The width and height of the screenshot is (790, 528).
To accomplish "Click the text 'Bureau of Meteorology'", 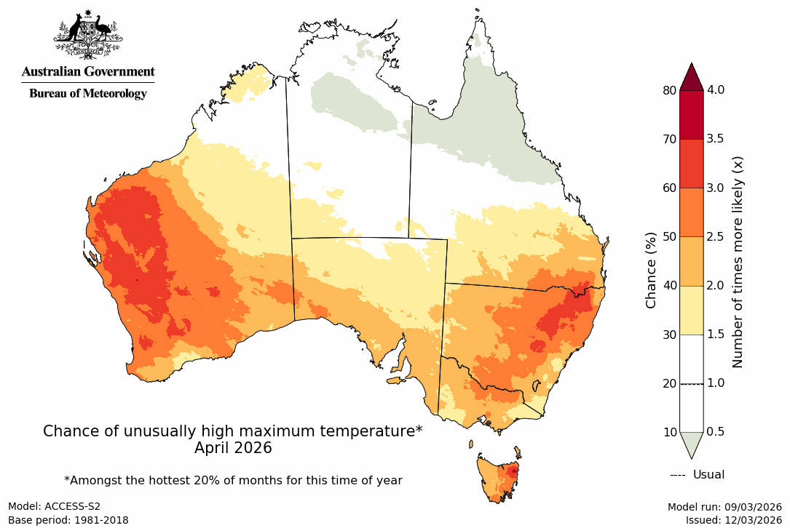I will point(88,94).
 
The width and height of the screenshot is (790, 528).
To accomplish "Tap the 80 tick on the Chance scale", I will point(668,90).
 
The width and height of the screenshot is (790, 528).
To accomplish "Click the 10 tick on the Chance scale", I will point(668,432).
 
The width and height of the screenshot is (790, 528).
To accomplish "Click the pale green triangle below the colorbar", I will point(692,443).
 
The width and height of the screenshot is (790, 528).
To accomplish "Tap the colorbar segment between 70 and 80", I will point(692,115).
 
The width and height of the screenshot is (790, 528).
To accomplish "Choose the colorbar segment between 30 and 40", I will point(692,310).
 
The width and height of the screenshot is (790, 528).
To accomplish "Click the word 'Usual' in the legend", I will point(708,475).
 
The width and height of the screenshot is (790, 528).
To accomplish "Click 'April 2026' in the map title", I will point(233,448).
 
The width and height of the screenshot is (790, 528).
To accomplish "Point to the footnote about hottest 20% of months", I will point(233,480).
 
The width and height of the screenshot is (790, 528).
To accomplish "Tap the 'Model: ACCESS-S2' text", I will point(54,506).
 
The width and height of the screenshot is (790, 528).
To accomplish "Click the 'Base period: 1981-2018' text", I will point(68,520).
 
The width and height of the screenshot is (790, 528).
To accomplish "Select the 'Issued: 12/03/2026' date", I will point(733,520).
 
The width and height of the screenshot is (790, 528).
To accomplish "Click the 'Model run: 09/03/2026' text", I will point(724,506).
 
